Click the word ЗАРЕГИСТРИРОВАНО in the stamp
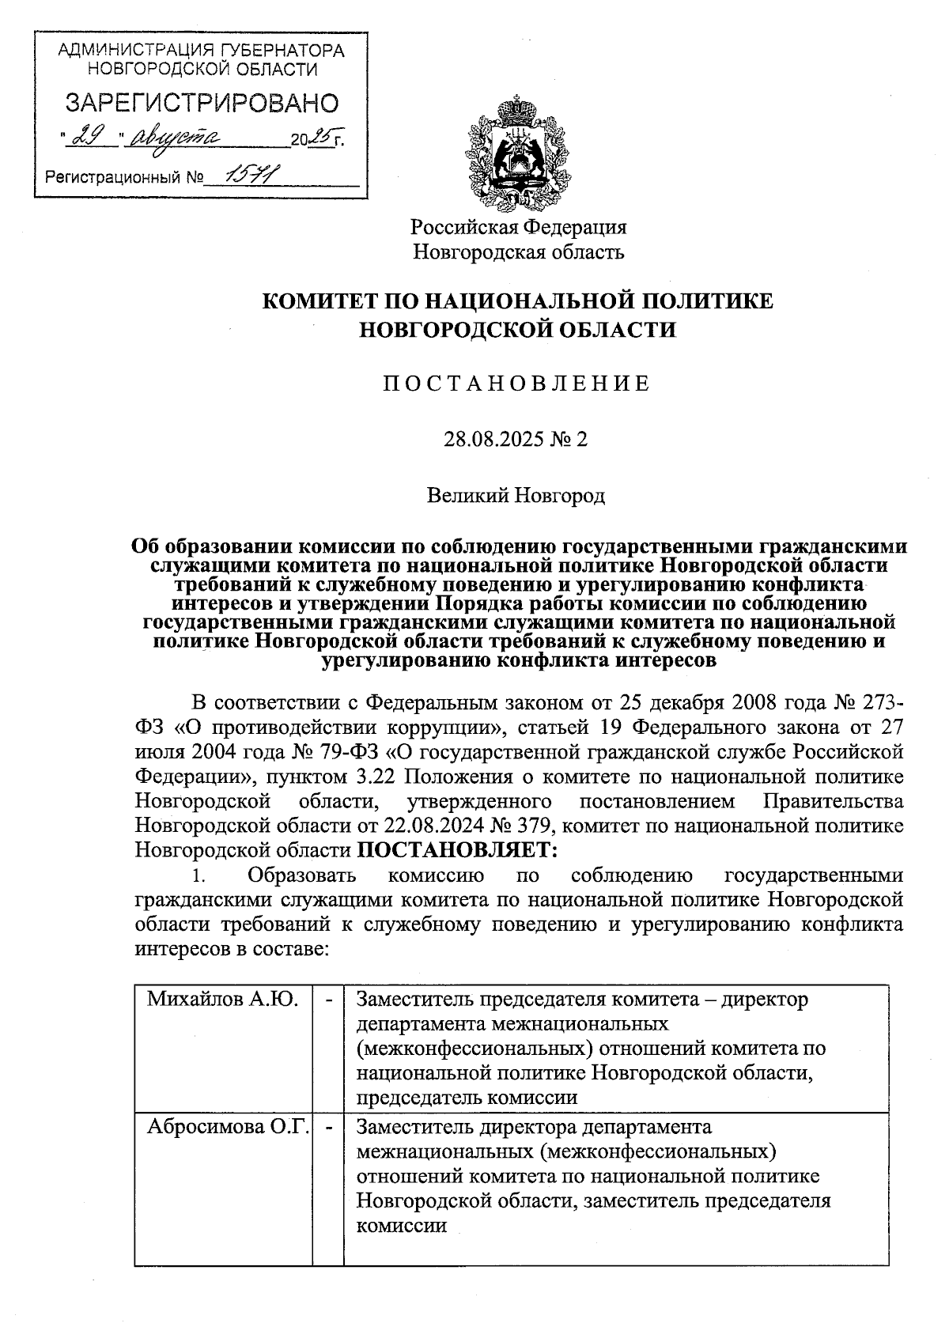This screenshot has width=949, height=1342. point(201,103)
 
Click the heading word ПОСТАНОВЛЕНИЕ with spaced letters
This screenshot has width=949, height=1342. point(517,384)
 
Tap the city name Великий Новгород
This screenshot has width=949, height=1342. point(517,496)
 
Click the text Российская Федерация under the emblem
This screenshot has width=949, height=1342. point(518,227)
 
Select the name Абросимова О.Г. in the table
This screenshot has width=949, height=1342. point(228,1126)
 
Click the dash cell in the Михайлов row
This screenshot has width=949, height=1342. point(328,1000)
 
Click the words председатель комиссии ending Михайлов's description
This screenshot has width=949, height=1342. point(467,1098)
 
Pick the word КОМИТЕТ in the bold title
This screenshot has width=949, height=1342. point(319,301)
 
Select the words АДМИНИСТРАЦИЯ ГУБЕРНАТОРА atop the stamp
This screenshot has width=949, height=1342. point(202,51)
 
